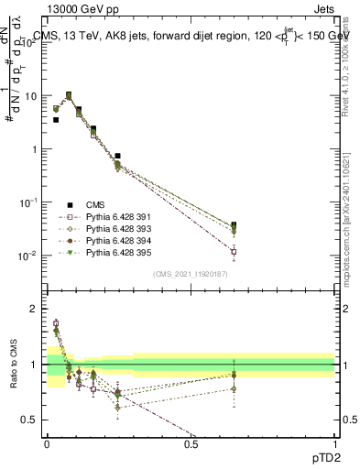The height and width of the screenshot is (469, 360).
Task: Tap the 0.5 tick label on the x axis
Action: (x=191, y=443)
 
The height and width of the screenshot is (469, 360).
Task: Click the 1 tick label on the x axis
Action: (x=334, y=443)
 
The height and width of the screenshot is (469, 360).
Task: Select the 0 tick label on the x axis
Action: (x=47, y=443)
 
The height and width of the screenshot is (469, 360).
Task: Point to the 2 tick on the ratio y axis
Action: (x=35, y=309)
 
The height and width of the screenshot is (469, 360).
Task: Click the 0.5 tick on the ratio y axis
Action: (x=31, y=420)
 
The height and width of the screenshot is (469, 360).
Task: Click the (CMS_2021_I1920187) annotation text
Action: (x=190, y=274)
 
